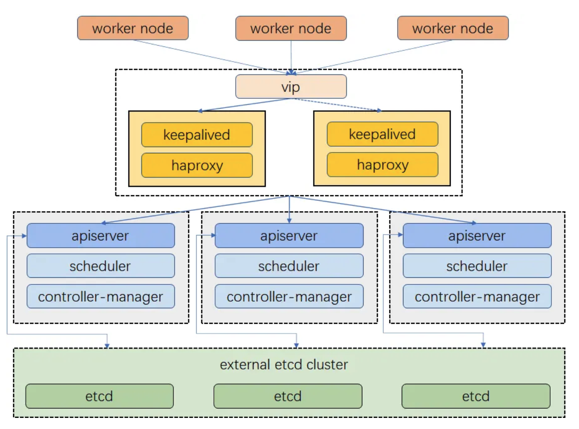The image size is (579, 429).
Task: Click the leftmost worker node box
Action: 133,28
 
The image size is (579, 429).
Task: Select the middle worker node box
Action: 291,28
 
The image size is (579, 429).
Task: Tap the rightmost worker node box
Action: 453,28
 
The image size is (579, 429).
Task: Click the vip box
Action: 291,87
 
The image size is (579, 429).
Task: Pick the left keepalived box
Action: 197,135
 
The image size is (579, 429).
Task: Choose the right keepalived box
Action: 382,134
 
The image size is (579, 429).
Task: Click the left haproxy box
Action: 197,165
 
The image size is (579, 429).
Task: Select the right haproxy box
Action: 382,165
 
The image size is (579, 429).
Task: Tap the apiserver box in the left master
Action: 101,235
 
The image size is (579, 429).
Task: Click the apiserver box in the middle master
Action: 289,235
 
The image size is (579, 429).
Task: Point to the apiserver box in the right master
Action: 477,235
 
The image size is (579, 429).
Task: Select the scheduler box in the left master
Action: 101,266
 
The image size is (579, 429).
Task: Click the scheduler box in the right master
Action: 477,266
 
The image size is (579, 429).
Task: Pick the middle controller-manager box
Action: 289,296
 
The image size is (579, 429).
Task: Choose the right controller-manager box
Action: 477,296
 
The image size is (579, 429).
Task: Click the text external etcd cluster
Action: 284,364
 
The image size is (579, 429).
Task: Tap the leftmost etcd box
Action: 100,396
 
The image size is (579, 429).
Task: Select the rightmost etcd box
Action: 476,396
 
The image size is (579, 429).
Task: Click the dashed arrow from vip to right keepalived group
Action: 337,104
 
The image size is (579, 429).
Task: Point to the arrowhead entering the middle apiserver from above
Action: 289,221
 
